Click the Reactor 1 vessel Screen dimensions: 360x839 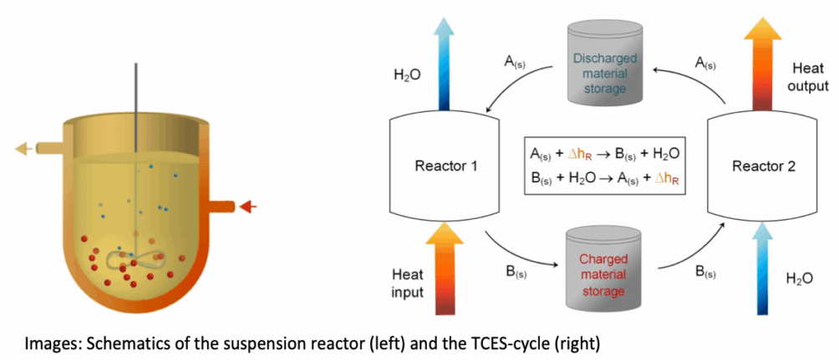(445, 165)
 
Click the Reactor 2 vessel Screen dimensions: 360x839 (758, 165)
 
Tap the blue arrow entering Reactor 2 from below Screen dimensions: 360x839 (758, 271)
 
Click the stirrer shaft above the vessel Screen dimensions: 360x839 (135, 92)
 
